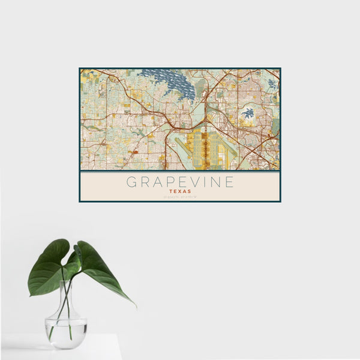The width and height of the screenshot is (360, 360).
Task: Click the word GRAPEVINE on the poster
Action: [x=180, y=182]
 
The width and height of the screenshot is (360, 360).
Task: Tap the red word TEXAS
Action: [x=180, y=191]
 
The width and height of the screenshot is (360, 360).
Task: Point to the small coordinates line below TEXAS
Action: [x=180, y=197]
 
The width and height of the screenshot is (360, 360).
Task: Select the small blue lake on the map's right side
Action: [x=248, y=113]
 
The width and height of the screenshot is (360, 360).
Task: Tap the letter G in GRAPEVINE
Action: [x=131, y=182]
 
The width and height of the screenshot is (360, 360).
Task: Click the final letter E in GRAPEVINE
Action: [x=229, y=182]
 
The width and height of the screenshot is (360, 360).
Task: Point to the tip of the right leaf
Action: [x=134, y=305]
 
